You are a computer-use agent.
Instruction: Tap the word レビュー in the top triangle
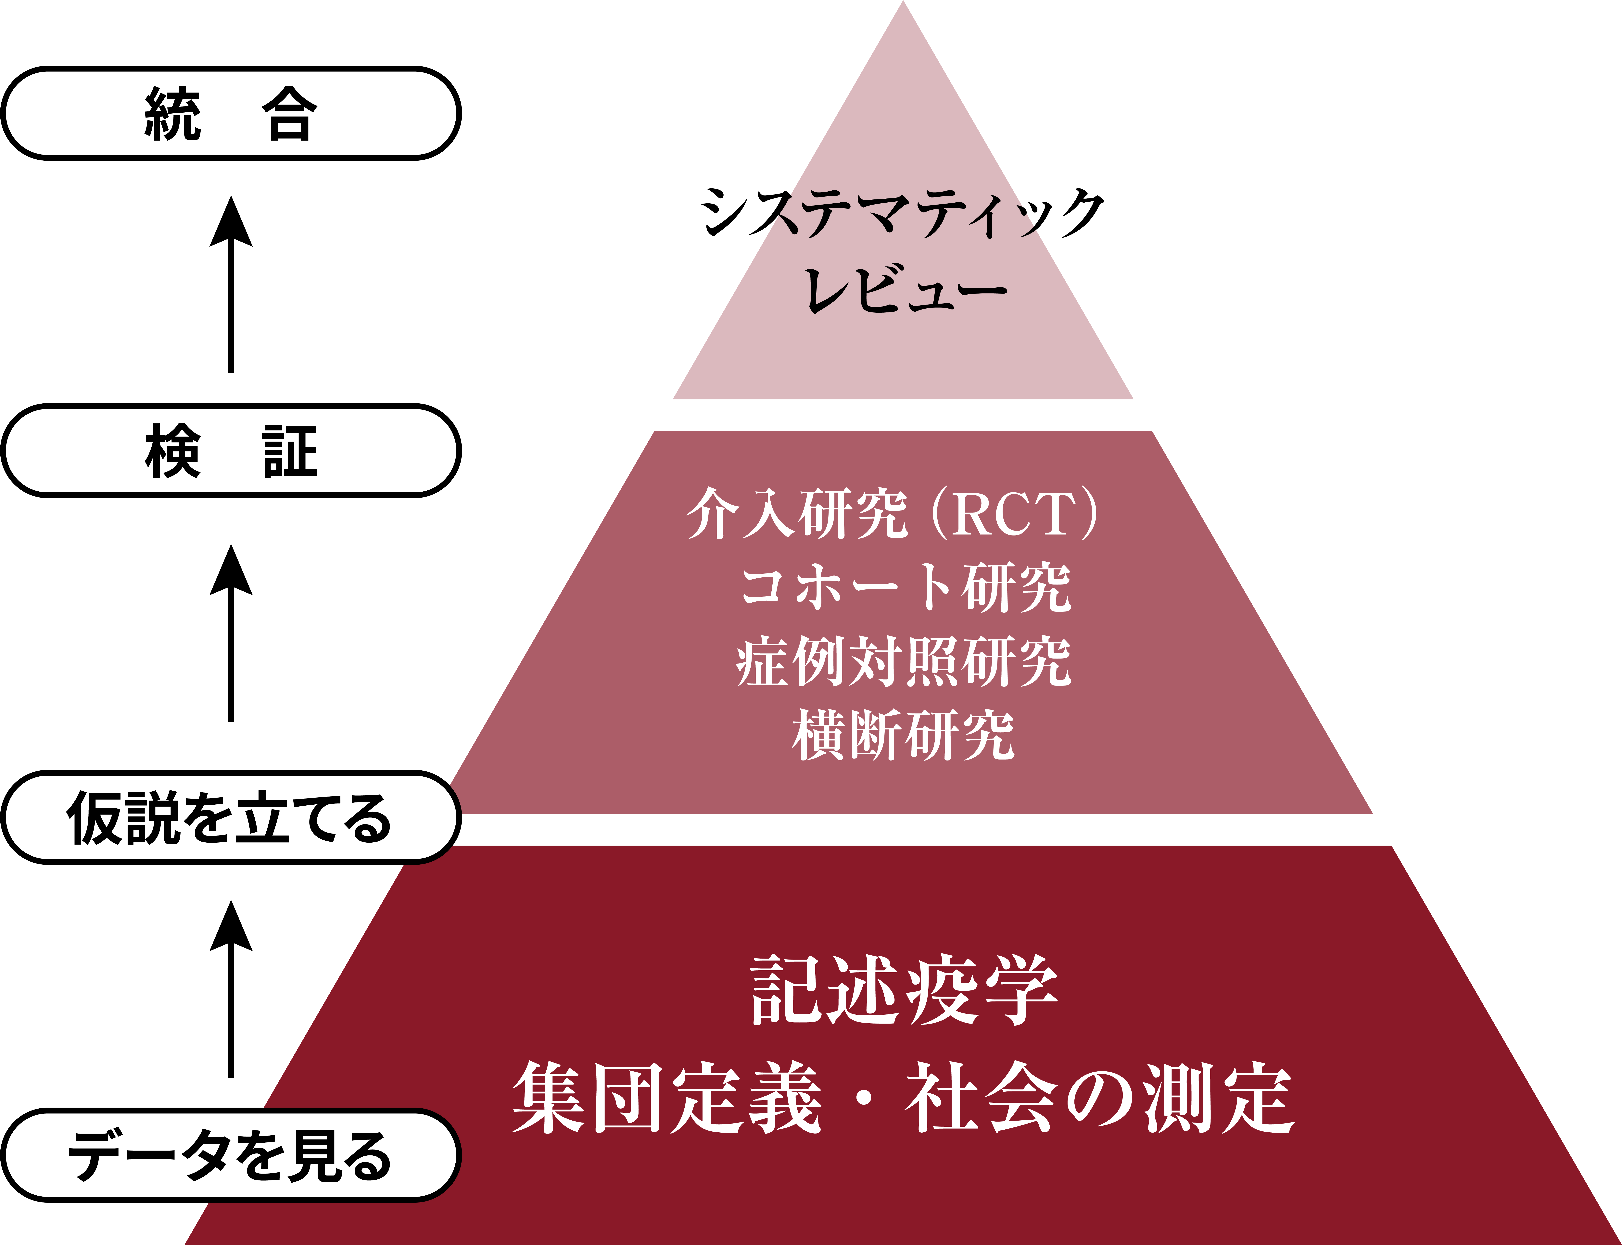tap(906, 289)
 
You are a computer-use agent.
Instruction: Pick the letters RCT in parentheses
tap(1014, 513)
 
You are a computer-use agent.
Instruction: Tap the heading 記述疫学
tap(904, 989)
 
